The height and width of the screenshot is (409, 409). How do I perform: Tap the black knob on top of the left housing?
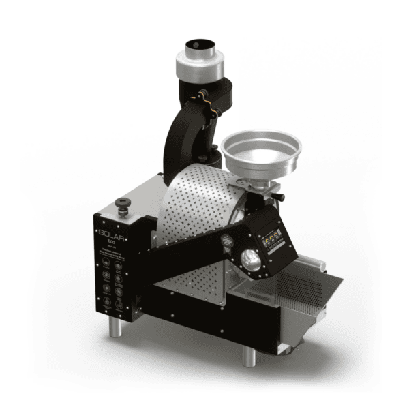(x=124, y=202)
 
